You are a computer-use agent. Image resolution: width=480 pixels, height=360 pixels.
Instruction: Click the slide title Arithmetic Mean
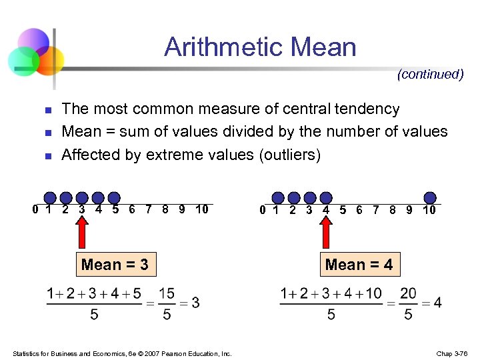(x=260, y=47)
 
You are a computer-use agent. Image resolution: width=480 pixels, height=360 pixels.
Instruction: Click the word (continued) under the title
(x=430, y=75)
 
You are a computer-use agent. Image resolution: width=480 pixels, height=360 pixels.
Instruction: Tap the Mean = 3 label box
(x=115, y=265)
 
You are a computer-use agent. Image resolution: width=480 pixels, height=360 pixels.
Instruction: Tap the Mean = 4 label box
(x=359, y=265)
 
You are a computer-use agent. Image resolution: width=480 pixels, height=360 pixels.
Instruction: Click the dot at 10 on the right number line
(x=431, y=197)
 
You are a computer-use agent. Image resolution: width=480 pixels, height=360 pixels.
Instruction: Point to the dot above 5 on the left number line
(x=115, y=197)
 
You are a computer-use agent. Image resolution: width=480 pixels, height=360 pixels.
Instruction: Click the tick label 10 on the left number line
(x=202, y=210)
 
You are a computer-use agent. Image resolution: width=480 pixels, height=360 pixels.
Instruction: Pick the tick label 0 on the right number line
(x=263, y=210)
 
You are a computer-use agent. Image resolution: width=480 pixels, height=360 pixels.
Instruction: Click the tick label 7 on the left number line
(x=148, y=210)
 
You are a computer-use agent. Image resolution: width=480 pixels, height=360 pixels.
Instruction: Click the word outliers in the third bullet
(x=289, y=155)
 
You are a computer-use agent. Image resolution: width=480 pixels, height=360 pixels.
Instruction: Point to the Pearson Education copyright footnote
(x=122, y=353)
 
